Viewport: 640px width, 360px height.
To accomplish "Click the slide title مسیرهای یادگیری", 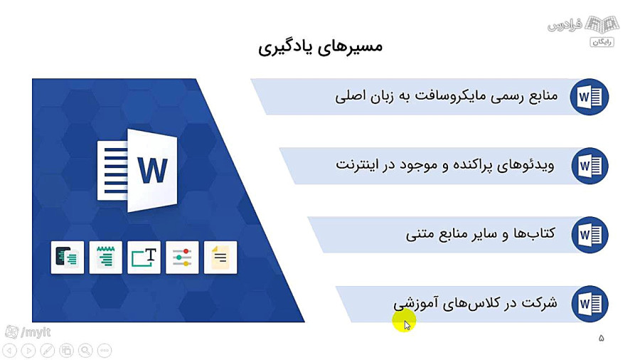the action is click(321, 46).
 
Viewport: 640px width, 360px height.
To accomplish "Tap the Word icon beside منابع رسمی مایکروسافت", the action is click(590, 97).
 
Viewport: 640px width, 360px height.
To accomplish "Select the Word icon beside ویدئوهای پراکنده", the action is click(590, 166).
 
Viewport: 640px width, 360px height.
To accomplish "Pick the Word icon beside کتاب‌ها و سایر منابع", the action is click(590, 235).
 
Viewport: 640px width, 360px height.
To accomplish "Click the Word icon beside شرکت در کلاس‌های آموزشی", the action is click(590, 304).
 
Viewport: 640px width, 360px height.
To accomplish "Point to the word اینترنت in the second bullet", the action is click(358, 165).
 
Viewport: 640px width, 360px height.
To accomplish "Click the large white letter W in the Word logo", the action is click(153, 170).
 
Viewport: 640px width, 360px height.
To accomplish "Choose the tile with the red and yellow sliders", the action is click(182, 258).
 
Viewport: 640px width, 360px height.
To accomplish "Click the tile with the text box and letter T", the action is click(144, 258).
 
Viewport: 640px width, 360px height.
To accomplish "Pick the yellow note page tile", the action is click(220, 258).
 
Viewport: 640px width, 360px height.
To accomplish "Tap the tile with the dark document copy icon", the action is click(68, 258).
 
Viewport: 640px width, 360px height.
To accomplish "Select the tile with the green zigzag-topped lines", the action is click(106, 258).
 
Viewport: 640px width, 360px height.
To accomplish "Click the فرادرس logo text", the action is click(565, 26).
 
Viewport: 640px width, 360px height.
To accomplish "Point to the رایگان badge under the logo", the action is click(602, 42).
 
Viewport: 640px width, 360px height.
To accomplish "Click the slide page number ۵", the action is click(601, 338).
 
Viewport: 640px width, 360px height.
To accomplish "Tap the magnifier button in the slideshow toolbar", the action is click(85, 350).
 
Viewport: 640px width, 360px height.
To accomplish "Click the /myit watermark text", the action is click(36, 332).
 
